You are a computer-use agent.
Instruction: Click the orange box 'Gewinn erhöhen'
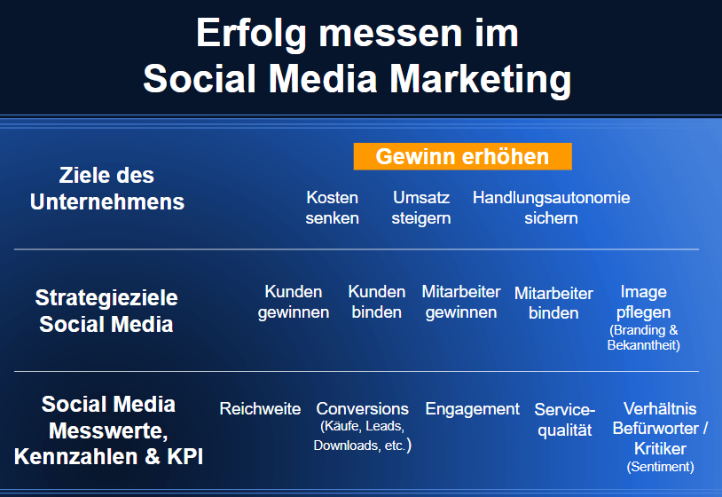click(x=462, y=157)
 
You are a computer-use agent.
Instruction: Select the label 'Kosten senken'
click(x=333, y=208)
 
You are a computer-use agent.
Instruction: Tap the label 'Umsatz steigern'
click(x=421, y=208)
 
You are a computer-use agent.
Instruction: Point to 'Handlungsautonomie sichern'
click(x=551, y=208)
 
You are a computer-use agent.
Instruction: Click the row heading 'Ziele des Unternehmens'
click(x=107, y=188)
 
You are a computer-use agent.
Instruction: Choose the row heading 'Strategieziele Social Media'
click(x=106, y=311)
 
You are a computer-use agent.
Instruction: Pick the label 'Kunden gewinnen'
click(x=294, y=302)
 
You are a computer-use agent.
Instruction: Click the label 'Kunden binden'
click(x=377, y=302)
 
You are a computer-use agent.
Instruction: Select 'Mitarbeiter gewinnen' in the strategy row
click(x=460, y=302)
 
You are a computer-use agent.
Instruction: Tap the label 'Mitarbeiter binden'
click(x=553, y=303)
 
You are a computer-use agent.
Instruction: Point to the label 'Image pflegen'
click(x=644, y=302)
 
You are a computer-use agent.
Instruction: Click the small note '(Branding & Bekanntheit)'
click(x=644, y=337)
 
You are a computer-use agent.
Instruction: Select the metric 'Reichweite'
click(x=260, y=409)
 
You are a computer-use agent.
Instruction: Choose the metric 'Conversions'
click(x=363, y=409)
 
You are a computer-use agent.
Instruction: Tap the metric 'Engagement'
click(x=473, y=409)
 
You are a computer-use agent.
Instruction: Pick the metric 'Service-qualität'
click(x=565, y=420)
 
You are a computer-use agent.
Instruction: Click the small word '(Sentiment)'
click(x=661, y=466)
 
